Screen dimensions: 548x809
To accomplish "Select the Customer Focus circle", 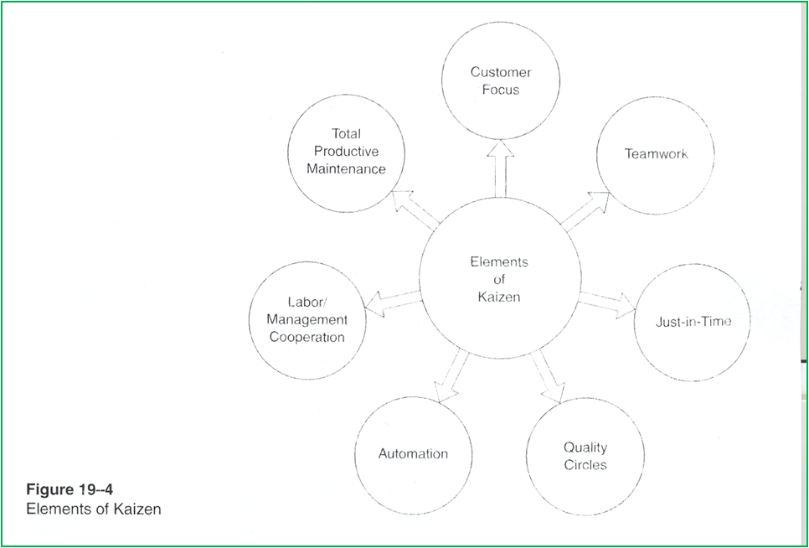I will click(501, 81).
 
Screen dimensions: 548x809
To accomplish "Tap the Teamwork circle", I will click(655, 155).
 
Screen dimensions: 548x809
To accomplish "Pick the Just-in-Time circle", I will click(692, 322).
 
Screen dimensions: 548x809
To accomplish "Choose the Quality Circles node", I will click(585, 457).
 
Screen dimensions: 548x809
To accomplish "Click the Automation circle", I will click(413, 453).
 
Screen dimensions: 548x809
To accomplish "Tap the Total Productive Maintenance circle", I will click(346, 152).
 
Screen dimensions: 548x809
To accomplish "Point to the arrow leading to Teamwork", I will click(585, 211).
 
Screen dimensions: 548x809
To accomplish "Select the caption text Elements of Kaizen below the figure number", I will click(93, 509).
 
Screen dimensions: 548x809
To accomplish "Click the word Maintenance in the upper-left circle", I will click(346, 168).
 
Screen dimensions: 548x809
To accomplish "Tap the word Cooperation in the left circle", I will click(307, 338).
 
